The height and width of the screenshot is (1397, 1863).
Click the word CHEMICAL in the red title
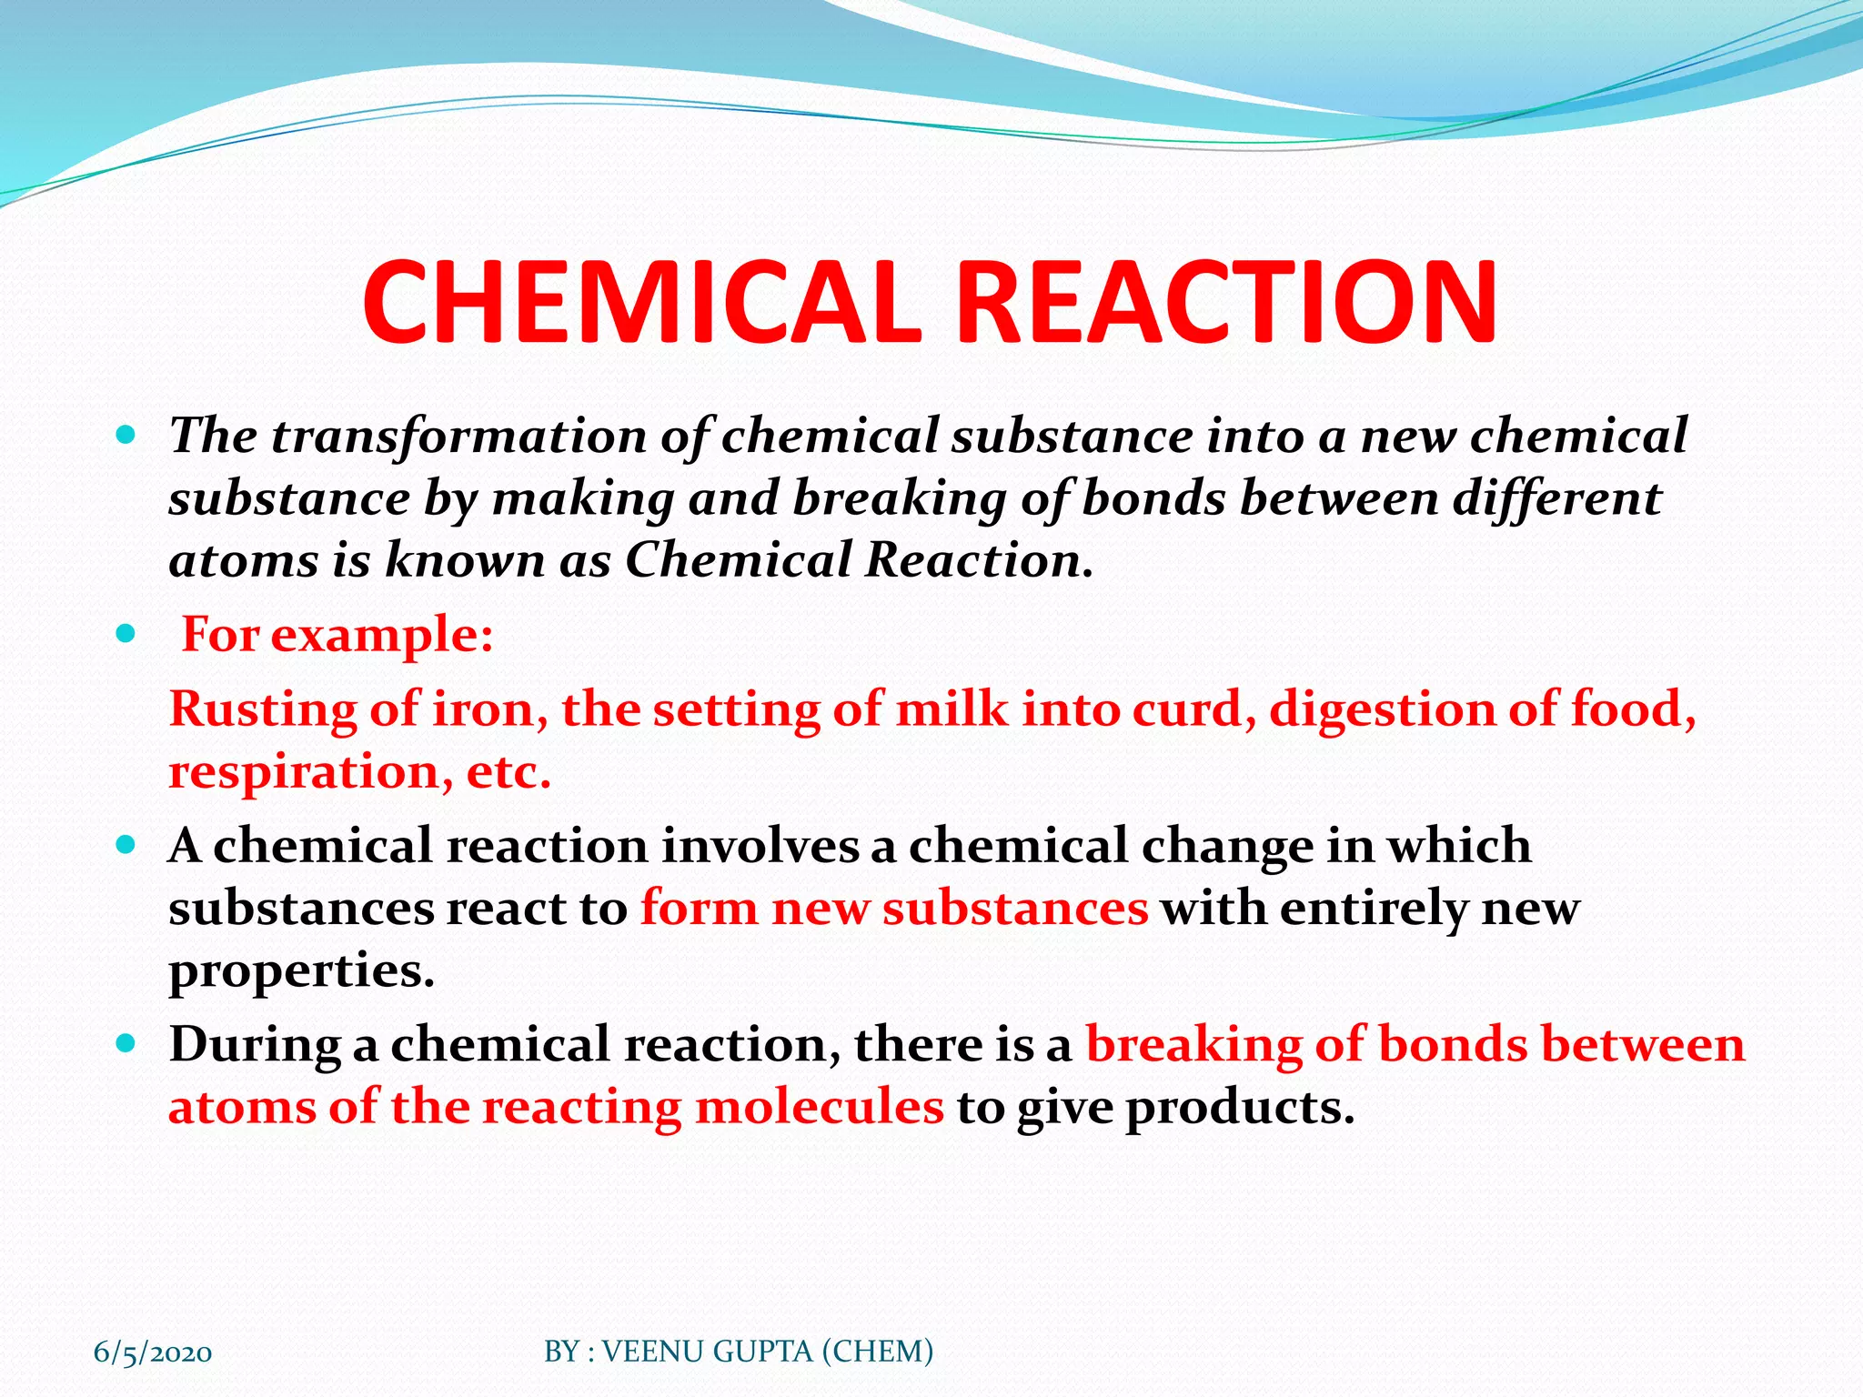642,302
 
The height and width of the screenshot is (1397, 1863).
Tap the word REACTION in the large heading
1226,302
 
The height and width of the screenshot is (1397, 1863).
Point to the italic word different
1556,498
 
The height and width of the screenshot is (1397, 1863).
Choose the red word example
382,635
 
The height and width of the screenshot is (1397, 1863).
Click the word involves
759,846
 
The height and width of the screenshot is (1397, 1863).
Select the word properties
301,971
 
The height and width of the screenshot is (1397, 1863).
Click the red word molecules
819,1108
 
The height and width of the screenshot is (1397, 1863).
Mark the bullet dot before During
126,1042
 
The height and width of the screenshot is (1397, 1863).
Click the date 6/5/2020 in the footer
153,1352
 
